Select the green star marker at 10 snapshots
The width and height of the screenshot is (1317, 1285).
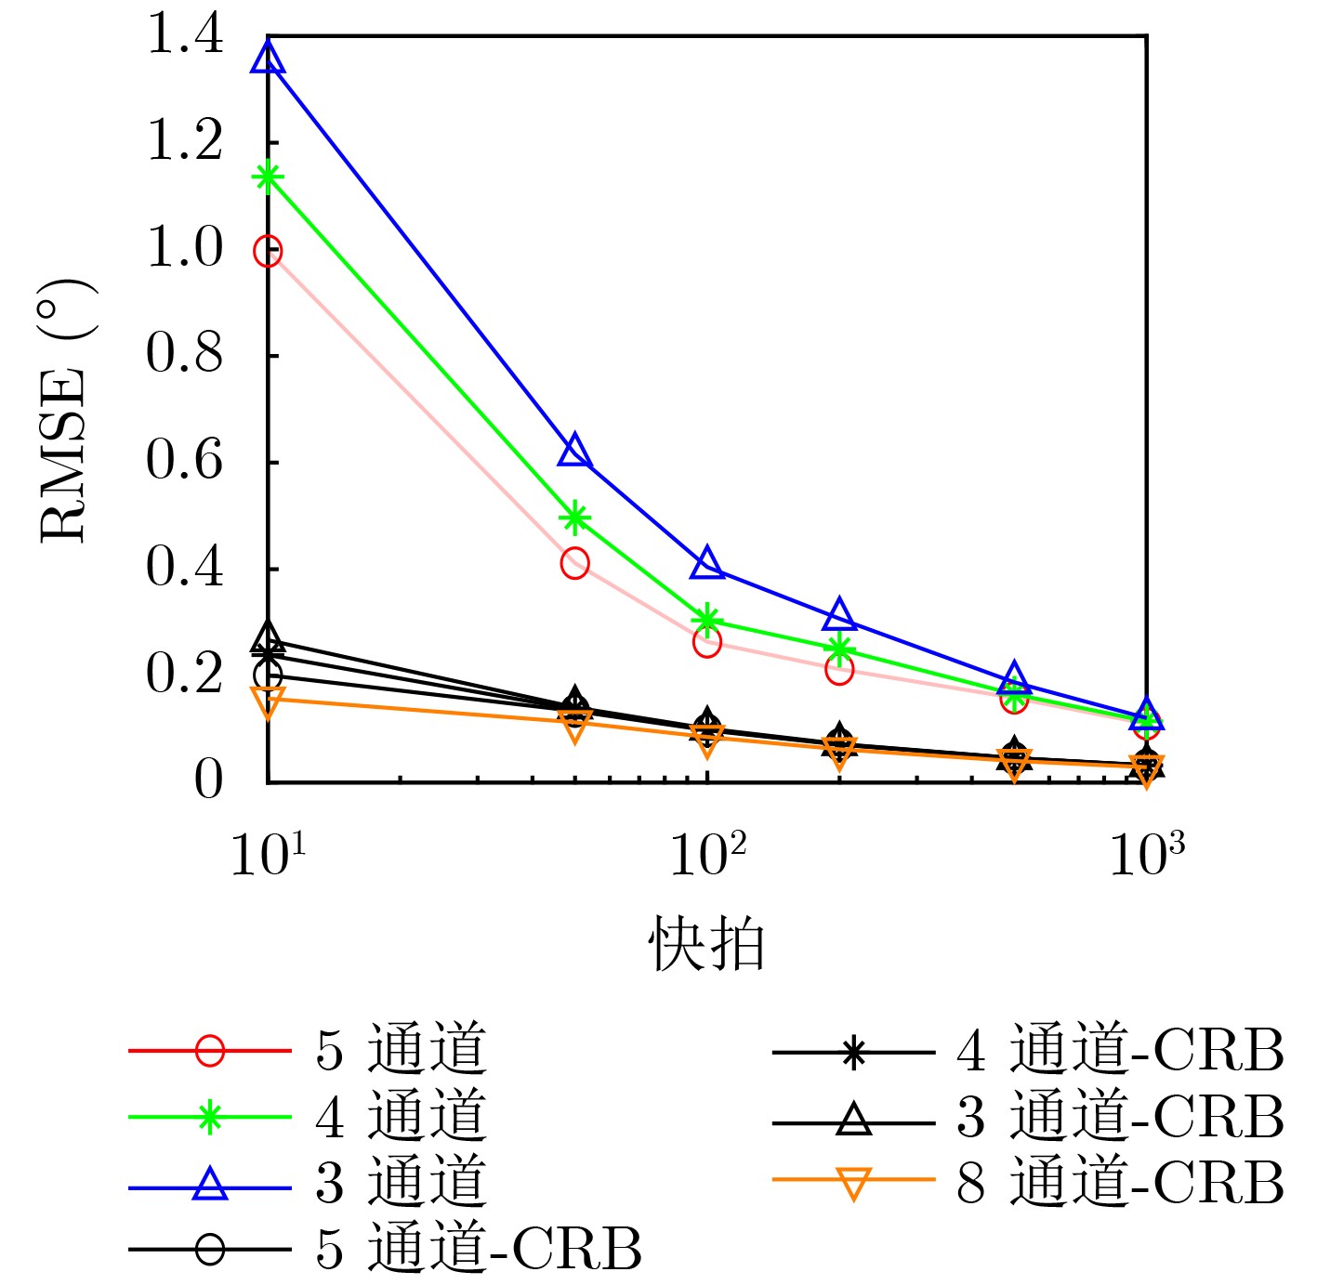point(268,177)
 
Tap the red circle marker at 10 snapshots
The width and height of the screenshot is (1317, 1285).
point(268,251)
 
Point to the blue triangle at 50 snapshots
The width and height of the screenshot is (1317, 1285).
point(575,451)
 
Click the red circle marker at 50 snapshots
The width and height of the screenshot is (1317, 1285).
point(575,563)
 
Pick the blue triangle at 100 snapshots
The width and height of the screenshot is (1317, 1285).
point(707,562)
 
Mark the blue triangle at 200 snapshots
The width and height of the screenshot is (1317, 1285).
point(839,614)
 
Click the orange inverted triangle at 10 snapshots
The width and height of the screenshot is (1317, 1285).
point(268,702)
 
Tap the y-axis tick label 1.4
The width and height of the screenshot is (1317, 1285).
point(185,37)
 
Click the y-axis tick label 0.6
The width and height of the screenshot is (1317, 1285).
point(185,462)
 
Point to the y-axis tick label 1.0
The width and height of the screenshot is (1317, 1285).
point(185,250)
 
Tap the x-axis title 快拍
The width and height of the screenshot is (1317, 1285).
point(706,945)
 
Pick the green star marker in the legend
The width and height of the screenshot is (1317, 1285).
point(210,1117)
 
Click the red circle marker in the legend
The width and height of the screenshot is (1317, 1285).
point(210,1051)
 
